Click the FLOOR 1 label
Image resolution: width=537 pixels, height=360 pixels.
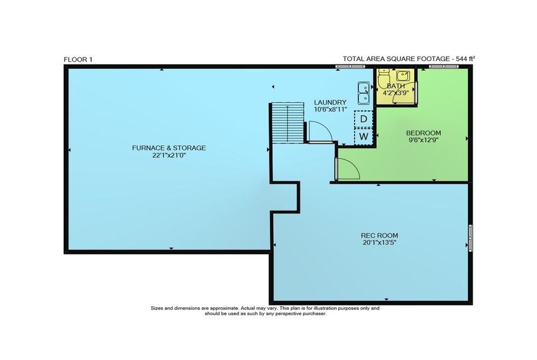[x=78, y=59]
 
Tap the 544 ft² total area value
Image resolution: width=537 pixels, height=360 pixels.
[x=465, y=59]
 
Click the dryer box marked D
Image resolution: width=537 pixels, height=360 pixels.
[x=363, y=119]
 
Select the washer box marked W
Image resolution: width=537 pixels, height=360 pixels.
[x=363, y=136]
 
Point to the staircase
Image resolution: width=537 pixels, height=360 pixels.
[x=288, y=123]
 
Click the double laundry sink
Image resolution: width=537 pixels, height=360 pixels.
[x=364, y=93]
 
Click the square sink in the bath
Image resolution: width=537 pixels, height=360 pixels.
[x=403, y=76]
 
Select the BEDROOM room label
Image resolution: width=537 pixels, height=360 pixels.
[x=424, y=133]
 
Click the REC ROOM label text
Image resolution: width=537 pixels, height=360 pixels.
[x=379, y=235]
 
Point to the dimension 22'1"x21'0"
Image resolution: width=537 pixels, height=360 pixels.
[x=169, y=156]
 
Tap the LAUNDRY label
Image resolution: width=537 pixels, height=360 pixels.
[x=330, y=102]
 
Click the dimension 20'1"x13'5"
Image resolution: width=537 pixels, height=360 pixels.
[x=379, y=243]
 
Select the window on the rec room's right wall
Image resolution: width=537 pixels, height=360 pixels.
[x=470, y=238]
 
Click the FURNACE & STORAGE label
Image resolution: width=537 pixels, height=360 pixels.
[x=169, y=148]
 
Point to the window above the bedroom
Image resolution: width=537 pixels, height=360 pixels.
[x=444, y=66]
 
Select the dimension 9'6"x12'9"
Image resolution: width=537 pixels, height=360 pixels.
[x=424, y=140]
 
